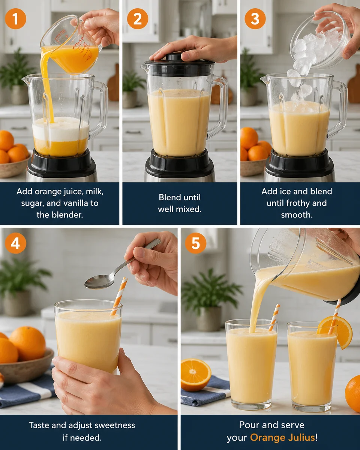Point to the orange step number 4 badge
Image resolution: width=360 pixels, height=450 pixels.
click(x=15, y=243)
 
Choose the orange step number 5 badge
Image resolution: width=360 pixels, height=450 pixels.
click(x=195, y=243)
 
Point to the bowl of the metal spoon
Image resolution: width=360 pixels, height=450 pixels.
click(x=98, y=281)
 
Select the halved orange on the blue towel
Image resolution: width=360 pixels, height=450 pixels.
click(x=196, y=374)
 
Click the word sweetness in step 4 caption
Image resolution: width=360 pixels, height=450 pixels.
click(x=113, y=426)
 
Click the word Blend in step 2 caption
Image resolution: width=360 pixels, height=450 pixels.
click(x=169, y=197)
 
